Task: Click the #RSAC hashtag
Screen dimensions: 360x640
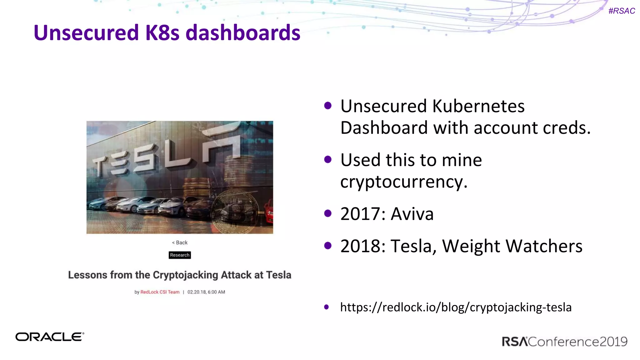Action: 622,11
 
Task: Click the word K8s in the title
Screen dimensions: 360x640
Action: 162,33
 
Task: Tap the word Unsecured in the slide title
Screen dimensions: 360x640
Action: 86,33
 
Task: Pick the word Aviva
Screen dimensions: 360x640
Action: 412,214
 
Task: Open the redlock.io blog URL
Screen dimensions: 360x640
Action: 456,307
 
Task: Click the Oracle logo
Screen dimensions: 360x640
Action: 50,337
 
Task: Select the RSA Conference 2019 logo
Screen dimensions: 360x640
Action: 564,342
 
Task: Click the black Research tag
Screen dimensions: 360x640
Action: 180,255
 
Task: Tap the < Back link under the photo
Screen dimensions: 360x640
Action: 180,242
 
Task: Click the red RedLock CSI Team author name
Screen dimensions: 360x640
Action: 160,292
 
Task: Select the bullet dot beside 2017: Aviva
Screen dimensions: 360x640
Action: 328,213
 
